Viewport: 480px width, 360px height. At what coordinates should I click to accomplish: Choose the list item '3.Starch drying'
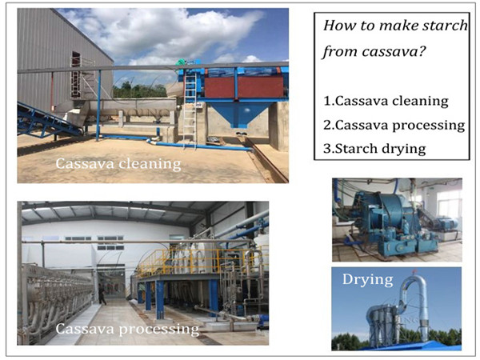(375, 148)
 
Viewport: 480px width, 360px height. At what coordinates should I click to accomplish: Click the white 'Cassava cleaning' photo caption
(117, 165)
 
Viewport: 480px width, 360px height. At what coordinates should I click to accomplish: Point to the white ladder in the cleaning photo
(189, 112)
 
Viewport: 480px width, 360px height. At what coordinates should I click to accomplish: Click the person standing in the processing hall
(102, 295)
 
